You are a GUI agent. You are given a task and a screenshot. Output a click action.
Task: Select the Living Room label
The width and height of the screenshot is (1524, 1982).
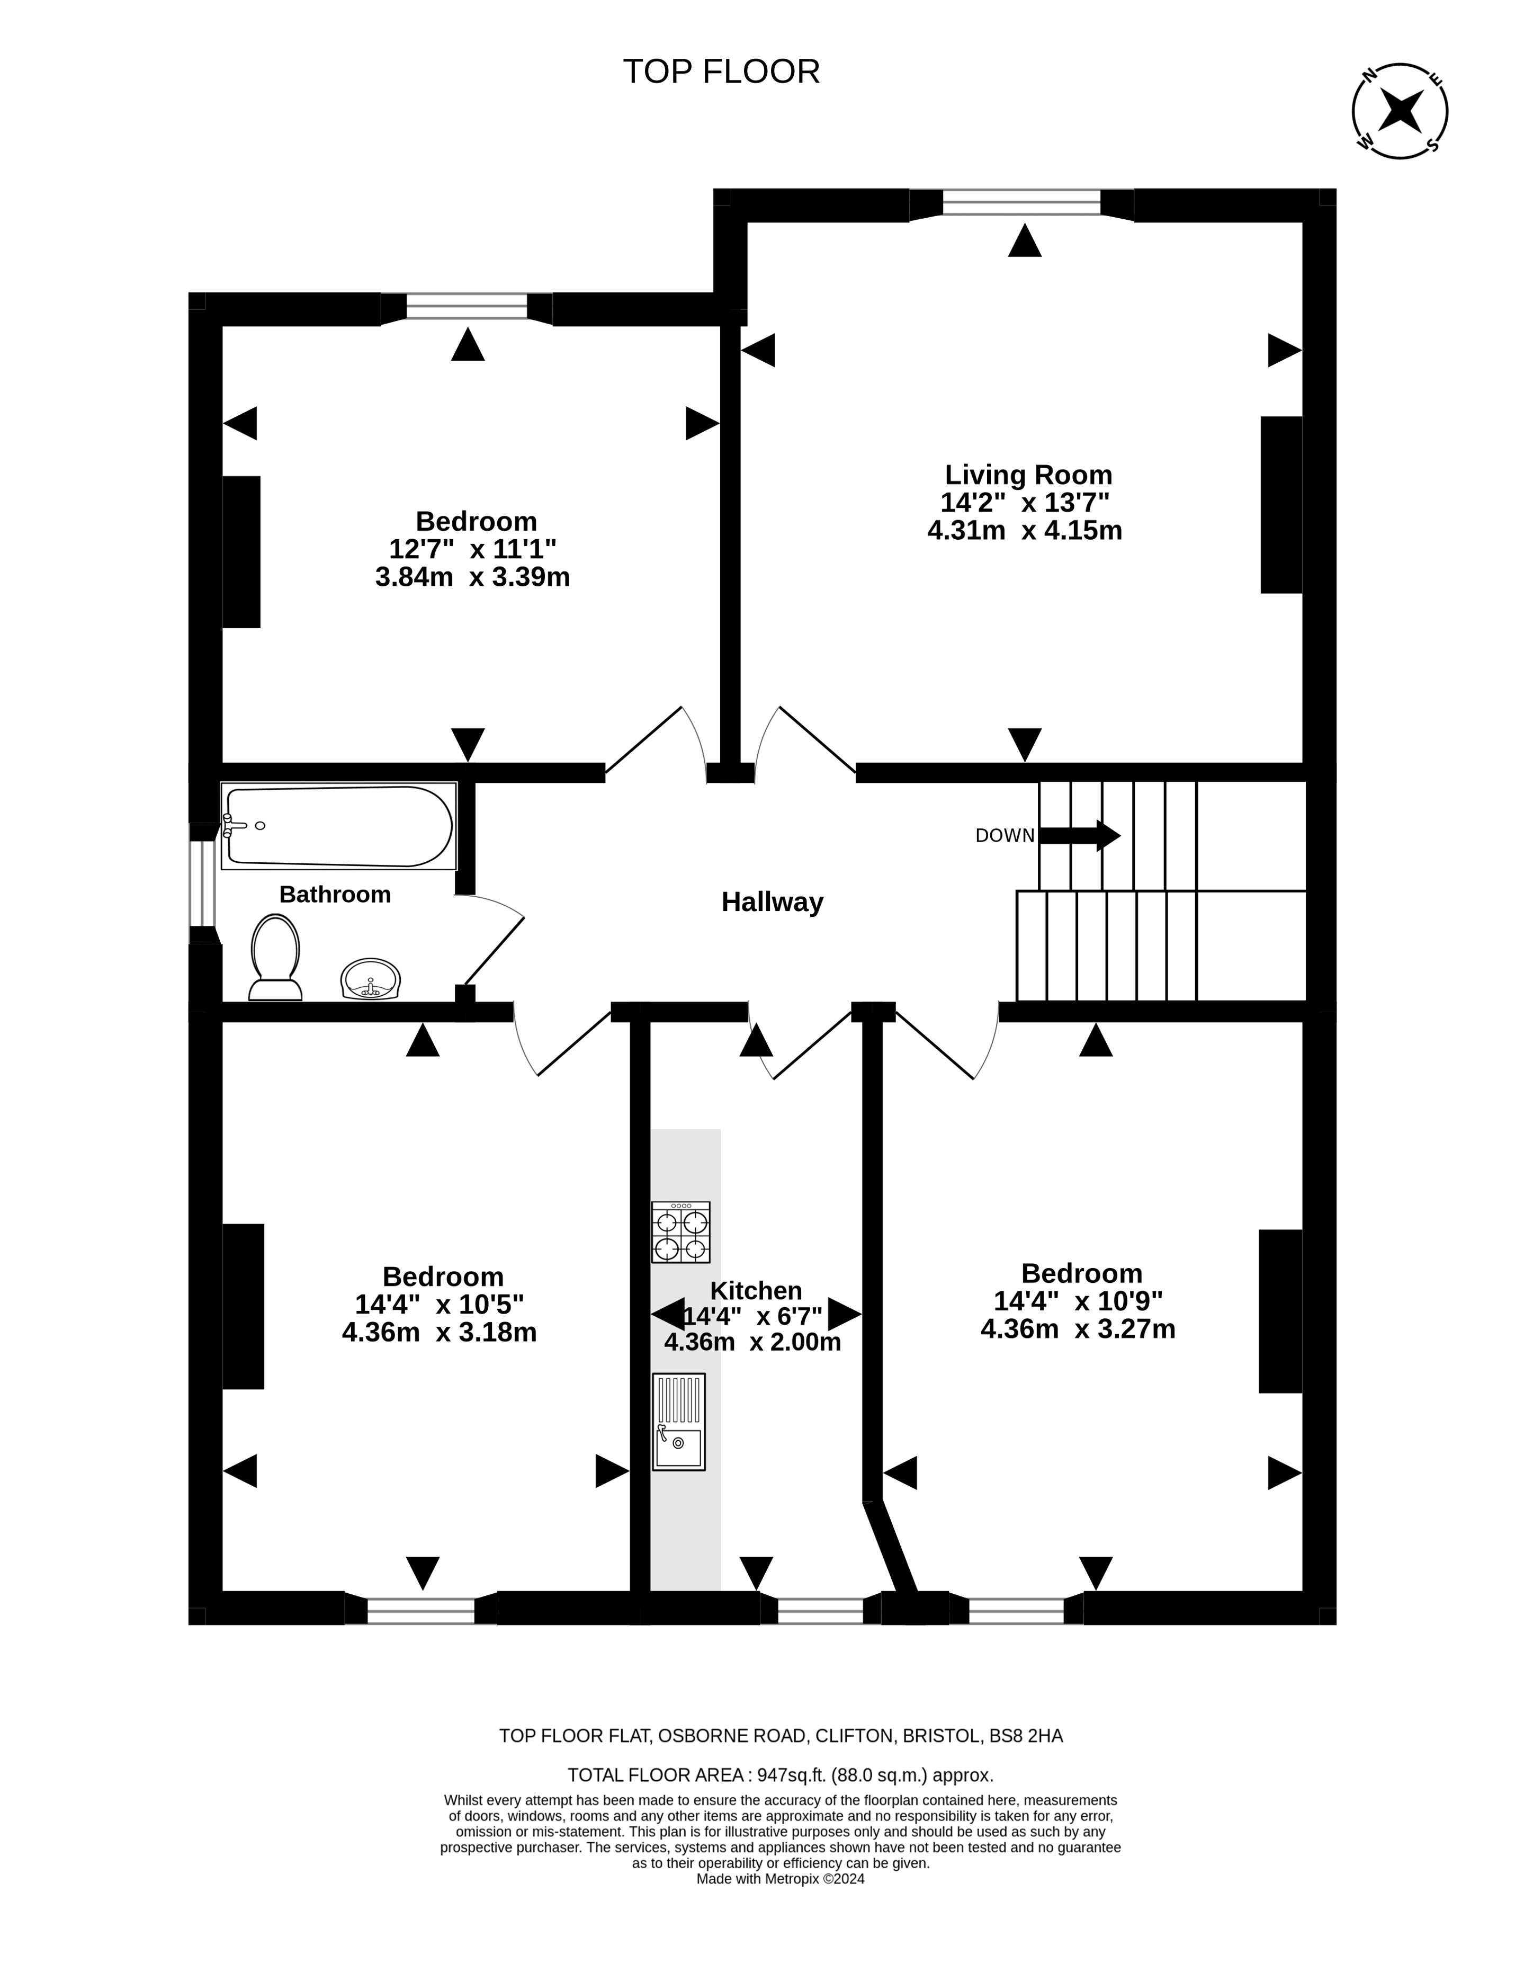click(1029, 475)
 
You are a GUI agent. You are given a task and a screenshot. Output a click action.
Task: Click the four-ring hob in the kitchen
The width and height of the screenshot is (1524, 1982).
click(680, 1232)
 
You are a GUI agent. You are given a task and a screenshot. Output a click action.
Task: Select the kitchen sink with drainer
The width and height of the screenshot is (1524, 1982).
click(678, 1422)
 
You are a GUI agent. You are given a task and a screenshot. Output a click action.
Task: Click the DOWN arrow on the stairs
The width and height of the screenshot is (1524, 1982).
click(1080, 835)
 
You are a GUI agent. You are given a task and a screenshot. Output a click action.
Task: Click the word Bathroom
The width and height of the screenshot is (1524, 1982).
click(335, 895)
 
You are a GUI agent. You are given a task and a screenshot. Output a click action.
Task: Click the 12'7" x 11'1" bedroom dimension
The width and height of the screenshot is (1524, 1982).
click(473, 549)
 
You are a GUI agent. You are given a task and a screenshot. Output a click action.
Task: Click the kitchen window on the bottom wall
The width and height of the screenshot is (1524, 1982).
click(820, 1611)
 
